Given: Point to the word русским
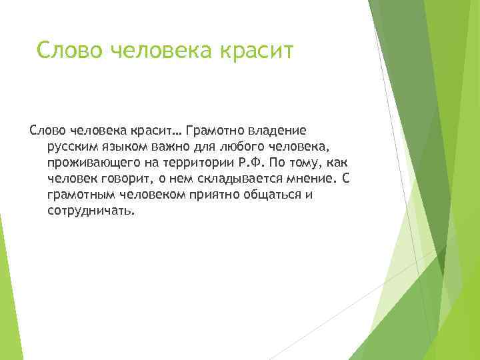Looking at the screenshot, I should pyautogui.click(x=71, y=147).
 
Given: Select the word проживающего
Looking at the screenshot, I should pyautogui.click(x=91, y=163).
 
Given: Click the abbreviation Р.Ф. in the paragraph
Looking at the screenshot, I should pyautogui.click(x=249, y=163).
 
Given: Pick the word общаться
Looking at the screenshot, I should pyautogui.click(x=273, y=195).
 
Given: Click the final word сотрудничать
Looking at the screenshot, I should pyautogui.click(x=91, y=211).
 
